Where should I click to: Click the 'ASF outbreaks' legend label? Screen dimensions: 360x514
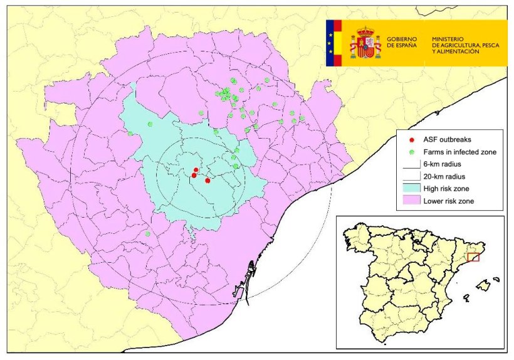pos(447,139)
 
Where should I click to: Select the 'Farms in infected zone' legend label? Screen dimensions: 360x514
pos(461,152)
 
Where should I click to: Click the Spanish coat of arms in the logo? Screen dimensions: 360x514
pos(365,43)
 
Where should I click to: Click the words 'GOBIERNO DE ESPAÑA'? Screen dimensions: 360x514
pos(402,43)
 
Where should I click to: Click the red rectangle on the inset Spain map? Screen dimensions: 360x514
pos(473,257)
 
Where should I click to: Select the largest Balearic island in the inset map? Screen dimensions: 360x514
pos(483,286)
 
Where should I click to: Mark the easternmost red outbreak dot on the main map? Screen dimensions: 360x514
pos(207,181)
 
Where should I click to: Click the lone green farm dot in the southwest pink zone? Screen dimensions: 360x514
pos(148,234)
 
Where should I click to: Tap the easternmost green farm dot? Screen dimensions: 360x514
pos(302,118)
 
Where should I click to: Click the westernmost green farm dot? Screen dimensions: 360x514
pos(130,133)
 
